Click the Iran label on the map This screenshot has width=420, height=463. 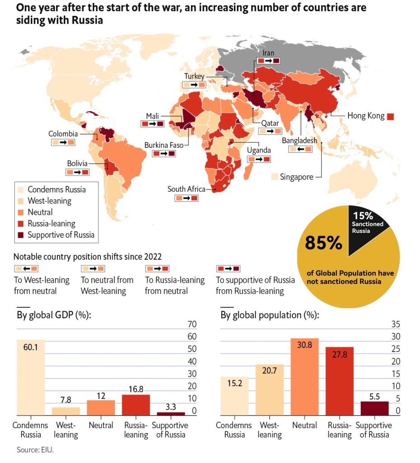point(268,53)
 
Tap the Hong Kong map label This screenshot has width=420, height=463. point(366,116)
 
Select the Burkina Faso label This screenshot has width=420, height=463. point(163,145)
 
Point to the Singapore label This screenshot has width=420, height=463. point(296,177)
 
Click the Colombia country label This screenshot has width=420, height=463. point(63,134)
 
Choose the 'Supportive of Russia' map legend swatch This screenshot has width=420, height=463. point(20,235)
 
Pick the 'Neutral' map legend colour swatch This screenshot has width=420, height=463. point(20,212)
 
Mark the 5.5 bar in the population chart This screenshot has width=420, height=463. point(374,408)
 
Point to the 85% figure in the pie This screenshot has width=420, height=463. point(323,243)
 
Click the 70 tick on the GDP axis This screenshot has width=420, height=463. point(192,324)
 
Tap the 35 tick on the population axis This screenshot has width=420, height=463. point(396,324)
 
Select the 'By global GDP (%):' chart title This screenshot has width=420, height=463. point(54,315)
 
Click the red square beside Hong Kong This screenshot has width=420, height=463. point(391,116)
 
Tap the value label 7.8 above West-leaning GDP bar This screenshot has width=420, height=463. point(66,400)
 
